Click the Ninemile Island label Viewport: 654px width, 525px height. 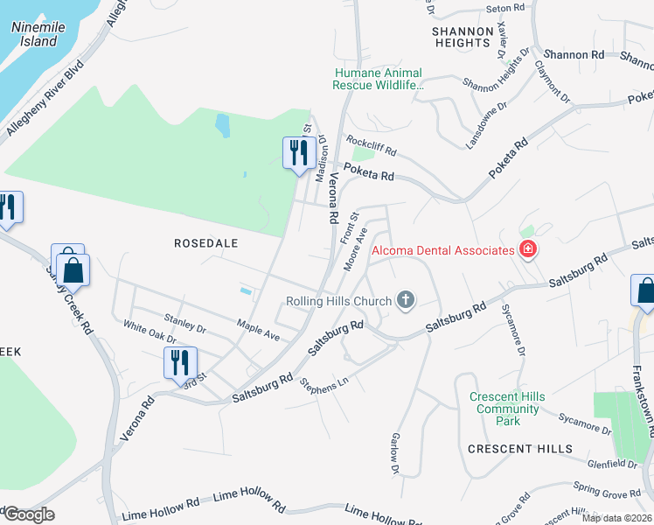(34, 34)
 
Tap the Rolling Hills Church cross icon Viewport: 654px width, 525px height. (405, 301)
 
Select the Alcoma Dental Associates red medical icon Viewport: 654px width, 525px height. (527, 251)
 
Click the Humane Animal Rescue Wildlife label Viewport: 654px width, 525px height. (377, 80)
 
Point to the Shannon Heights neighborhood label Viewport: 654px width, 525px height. (461, 36)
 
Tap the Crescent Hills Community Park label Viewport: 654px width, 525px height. (507, 409)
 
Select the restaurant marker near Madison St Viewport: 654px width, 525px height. (298, 153)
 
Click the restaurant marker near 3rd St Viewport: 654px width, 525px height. (180, 362)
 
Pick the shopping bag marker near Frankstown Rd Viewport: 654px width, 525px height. (644, 290)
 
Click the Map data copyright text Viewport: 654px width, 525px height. (616, 518)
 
